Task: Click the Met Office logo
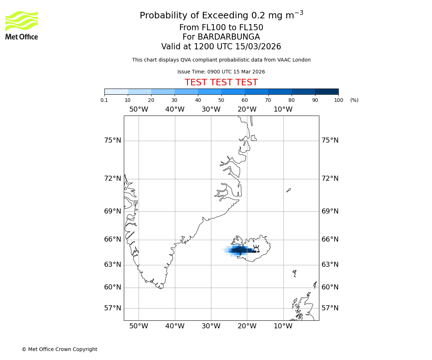coord(22,25)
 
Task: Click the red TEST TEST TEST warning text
coord(221,82)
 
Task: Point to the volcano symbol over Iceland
coord(256,248)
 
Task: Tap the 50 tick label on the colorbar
coord(221,100)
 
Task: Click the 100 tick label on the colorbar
coord(338,100)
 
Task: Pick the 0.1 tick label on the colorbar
coord(104,100)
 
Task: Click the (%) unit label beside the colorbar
coord(354,100)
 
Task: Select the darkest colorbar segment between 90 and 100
coord(327,91)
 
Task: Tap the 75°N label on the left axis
coord(113,140)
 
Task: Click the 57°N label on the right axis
coord(330,308)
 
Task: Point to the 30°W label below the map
coord(211,326)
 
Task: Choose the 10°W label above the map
coord(283,109)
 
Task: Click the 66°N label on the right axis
coord(330,239)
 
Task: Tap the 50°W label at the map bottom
coord(139,326)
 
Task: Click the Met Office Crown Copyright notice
coord(59,349)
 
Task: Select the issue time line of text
coord(221,72)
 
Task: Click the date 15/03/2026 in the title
coord(258,47)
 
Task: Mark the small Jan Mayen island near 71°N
coord(288,190)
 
